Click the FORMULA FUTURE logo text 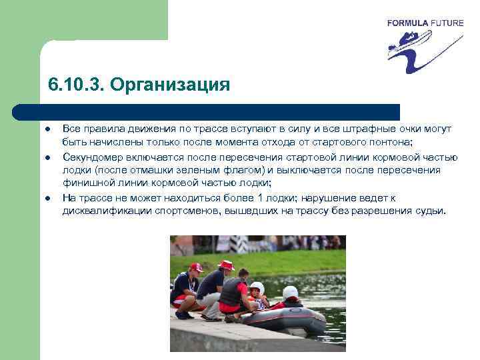pos(425,23)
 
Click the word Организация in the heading pos(170,85)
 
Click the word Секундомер pos(93,157)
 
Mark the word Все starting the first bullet pos(72,128)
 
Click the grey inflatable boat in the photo pos(287,320)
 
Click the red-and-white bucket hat pos(227,265)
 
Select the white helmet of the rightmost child pos(290,292)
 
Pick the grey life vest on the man pos(232,292)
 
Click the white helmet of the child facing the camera pos(257,287)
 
